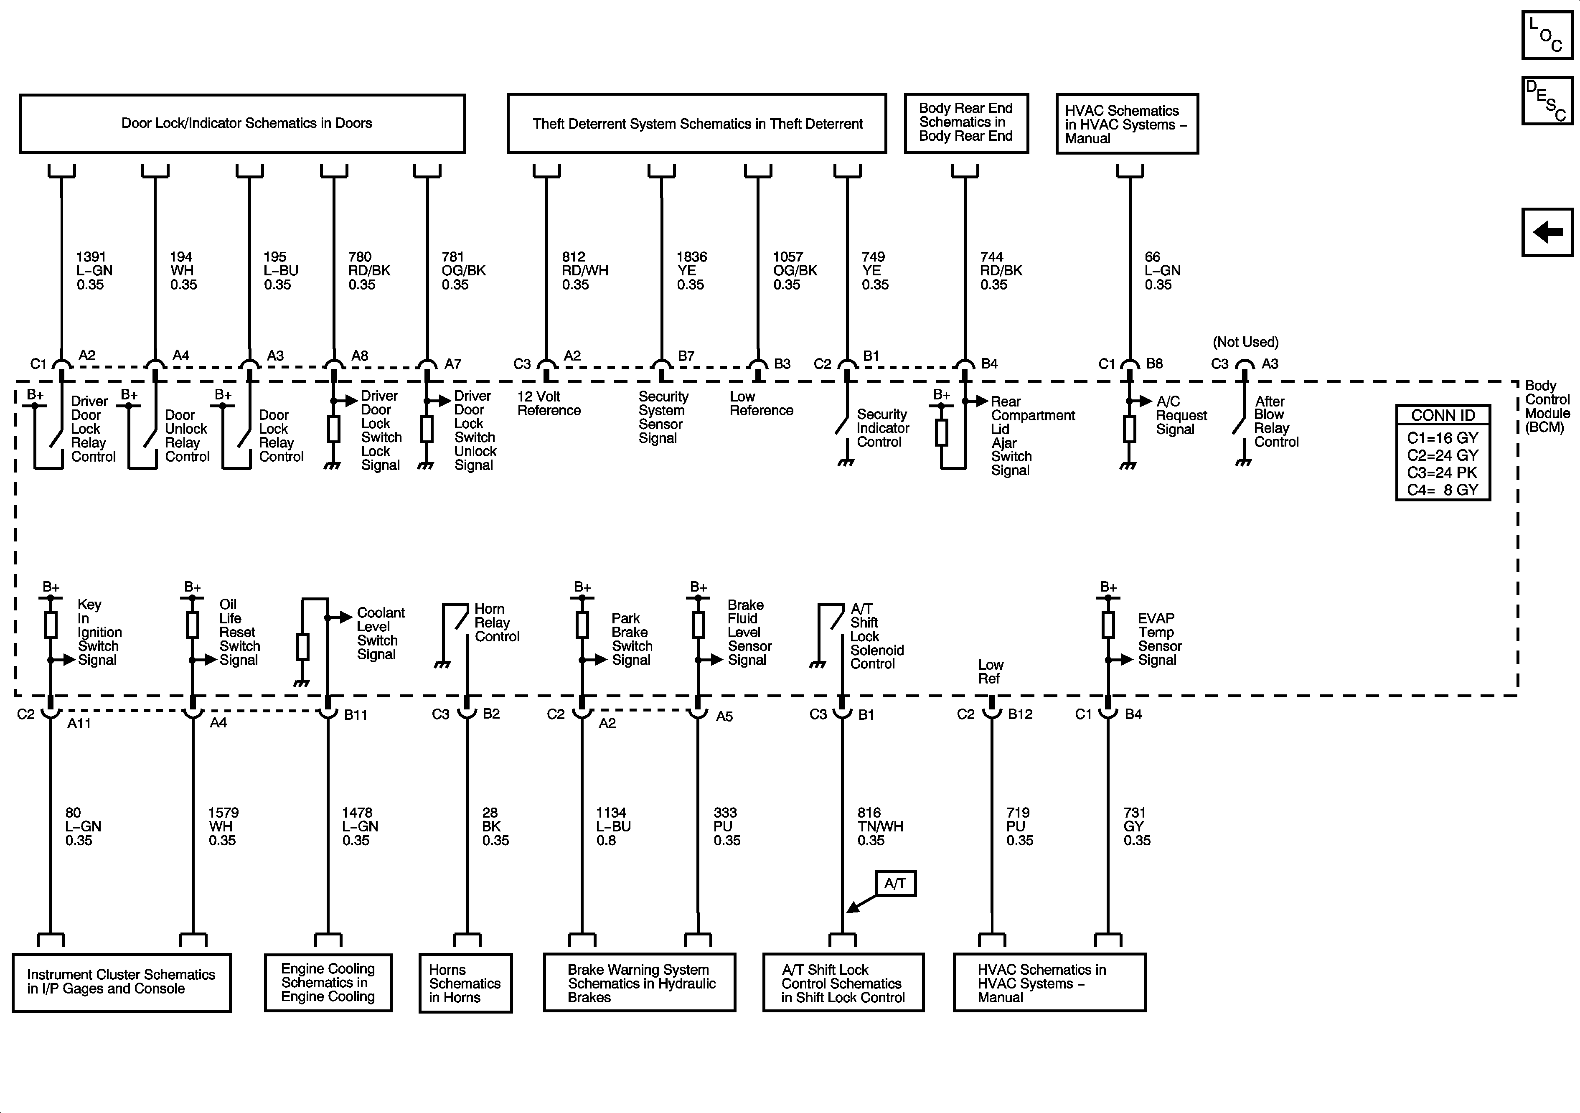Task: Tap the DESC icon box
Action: pyautogui.click(x=1547, y=101)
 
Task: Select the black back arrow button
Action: pyautogui.click(x=1547, y=232)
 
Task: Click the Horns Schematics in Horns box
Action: pyautogui.click(x=465, y=983)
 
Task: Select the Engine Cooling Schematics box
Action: pyautogui.click(x=328, y=982)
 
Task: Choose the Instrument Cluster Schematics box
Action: pyautogui.click(x=122, y=982)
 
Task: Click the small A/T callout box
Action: pyautogui.click(x=895, y=883)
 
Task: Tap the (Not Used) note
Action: pyautogui.click(x=1245, y=342)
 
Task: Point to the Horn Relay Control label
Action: pyautogui.click(x=496, y=623)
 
